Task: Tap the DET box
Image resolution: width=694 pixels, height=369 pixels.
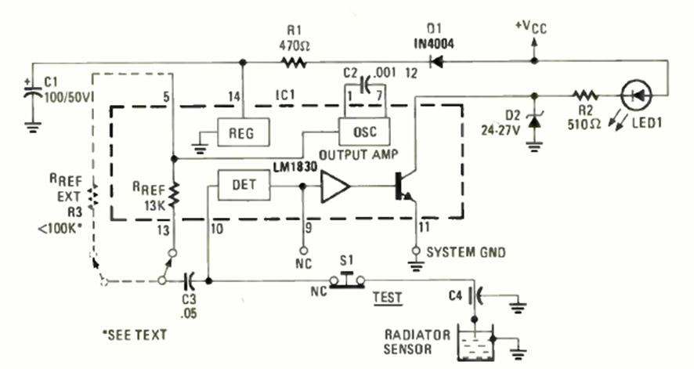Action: [243, 185]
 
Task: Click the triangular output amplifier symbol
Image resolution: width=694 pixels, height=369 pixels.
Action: [335, 186]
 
